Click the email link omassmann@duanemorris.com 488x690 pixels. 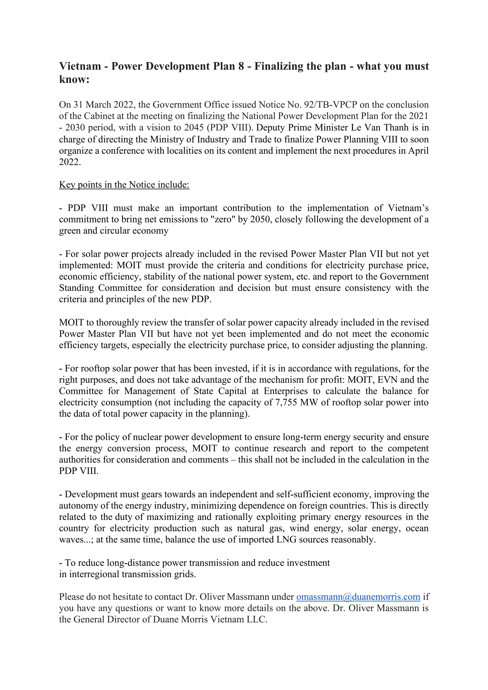pyautogui.click(x=358, y=597)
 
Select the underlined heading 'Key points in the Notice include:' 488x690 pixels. pyautogui.click(x=124, y=184)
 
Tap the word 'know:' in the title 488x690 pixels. pyautogui.click(x=74, y=79)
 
